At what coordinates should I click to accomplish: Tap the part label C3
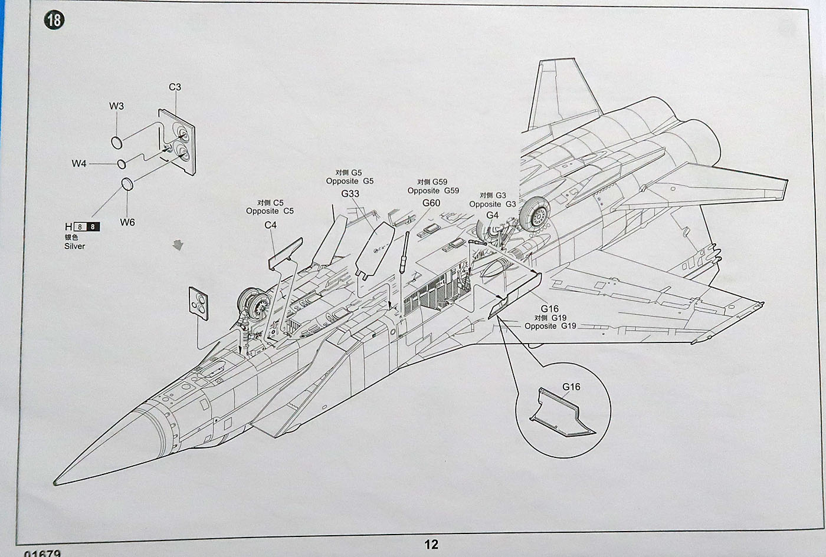point(175,87)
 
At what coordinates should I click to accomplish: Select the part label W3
point(117,106)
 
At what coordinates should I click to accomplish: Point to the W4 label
point(79,163)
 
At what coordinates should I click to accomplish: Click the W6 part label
point(127,222)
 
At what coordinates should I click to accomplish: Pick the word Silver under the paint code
point(75,246)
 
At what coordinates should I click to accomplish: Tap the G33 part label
point(350,194)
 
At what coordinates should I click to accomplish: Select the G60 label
point(431,203)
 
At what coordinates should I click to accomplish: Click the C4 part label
point(270,225)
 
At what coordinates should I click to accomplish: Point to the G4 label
point(492,215)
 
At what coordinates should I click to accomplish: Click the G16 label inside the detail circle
point(571,387)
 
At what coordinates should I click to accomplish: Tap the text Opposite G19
point(550,326)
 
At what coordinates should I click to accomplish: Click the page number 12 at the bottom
point(431,544)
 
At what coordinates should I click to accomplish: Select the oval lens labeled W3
point(117,141)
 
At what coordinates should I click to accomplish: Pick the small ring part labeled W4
point(122,163)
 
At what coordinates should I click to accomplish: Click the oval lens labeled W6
point(126,184)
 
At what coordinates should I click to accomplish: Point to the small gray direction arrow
point(176,244)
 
